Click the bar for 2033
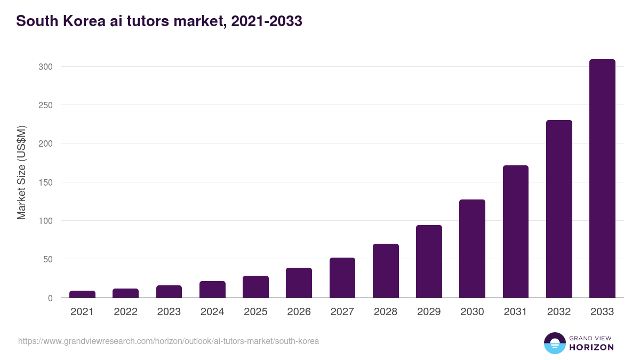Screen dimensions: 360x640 point(602,179)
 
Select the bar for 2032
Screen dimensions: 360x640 point(559,209)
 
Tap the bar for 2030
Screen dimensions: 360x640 point(472,249)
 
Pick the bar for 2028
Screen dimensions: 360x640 point(386,271)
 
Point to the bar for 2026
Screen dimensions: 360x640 point(299,283)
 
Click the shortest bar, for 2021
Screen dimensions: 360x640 point(82,294)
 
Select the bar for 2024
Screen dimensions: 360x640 point(212,289)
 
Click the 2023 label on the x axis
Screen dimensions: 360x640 point(169,312)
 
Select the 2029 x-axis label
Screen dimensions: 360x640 point(429,312)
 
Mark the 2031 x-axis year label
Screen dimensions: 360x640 point(515,312)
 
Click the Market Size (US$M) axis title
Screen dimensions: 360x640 point(21,173)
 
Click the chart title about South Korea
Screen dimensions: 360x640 point(159,21)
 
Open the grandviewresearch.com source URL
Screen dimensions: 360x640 point(169,341)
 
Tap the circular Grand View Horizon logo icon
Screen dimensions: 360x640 point(555,343)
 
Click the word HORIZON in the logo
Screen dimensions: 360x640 point(592,347)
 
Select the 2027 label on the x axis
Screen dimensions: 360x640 point(342,312)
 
